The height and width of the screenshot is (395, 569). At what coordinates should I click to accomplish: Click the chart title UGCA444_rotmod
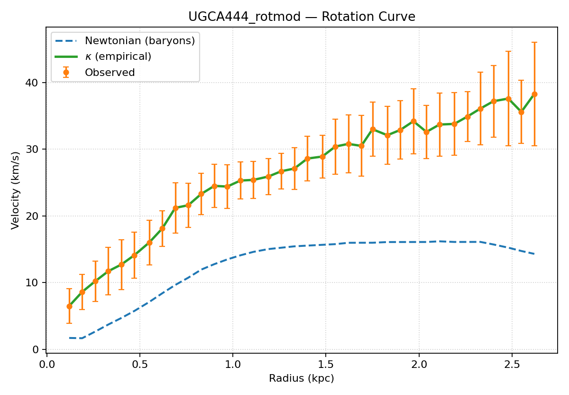[302, 17]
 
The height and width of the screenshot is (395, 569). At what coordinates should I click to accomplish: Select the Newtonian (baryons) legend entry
[140, 41]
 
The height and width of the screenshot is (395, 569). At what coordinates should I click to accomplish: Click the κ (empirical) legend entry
[118, 56]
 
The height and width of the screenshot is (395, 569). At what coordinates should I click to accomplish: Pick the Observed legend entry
[110, 73]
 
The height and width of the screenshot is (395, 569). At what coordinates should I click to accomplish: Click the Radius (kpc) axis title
[302, 378]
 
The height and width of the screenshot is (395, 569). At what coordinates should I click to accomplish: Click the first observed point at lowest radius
[69, 306]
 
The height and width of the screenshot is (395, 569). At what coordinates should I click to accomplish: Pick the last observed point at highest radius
[534, 94]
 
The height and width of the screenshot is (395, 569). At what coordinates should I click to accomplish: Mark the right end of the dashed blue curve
[534, 254]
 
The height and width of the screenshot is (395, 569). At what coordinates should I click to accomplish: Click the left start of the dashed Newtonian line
[69, 338]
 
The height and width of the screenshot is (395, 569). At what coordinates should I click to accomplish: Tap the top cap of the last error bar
[534, 42]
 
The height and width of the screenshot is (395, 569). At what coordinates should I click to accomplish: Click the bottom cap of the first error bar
[69, 323]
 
